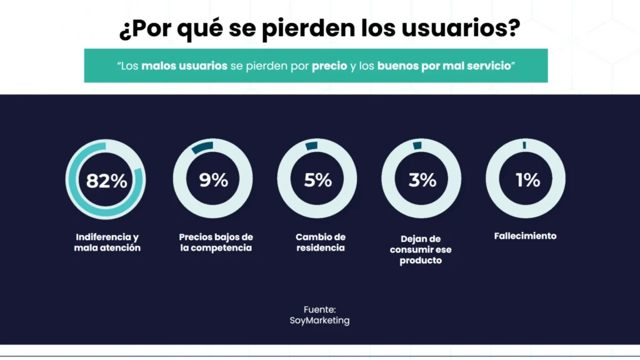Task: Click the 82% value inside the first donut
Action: [x=106, y=181]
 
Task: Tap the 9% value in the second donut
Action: [x=213, y=180]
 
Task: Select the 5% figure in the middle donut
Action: [x=317, y=180]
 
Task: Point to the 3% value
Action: [x=422, y=180]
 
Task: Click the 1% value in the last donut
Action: [x=527, y=180]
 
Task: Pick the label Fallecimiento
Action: [x=525, y=236]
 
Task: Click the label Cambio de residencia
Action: [x=320, y=242]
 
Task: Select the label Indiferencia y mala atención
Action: [x=107, y=242]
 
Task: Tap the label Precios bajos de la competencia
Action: [x=216, y=242]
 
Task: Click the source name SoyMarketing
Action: [x=319, y=321]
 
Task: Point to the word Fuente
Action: [x=319, y=309]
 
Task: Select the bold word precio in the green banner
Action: [x=329, y=66]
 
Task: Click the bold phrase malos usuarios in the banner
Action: [x=184, y=66]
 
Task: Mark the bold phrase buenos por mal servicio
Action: [x=444, y=66]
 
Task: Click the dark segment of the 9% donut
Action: [x=202, y=146]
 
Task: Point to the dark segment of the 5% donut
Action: [x=311, y=145]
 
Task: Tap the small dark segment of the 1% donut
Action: [x=524, y=145]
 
